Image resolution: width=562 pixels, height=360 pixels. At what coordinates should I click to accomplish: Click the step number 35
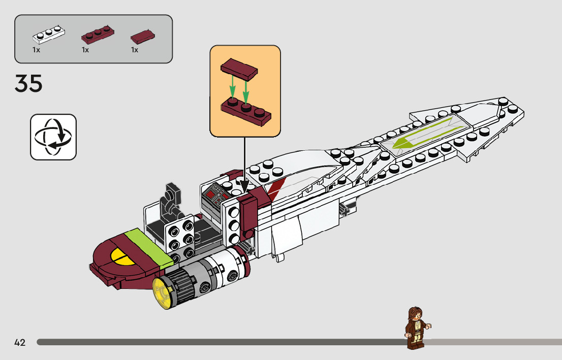coord(28,84)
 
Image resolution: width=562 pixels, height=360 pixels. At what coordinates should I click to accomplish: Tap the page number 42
coord(20,342)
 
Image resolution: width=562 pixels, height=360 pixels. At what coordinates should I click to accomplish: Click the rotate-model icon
coord(53,137)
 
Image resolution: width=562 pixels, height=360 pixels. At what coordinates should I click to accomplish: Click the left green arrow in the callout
coord(232,86)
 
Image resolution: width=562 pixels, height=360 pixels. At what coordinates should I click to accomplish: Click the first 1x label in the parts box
coord(36,50)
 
